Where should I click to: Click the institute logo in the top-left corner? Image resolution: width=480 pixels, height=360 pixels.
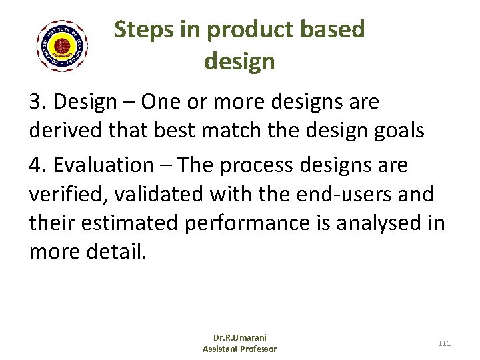click(x=63, y=46)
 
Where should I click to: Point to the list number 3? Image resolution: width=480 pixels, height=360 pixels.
click(x=37, y=103)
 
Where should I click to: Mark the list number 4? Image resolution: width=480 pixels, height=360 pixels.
click(x=37, y=164)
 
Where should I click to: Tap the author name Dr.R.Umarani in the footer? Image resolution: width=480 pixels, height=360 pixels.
click(x=239, y=338)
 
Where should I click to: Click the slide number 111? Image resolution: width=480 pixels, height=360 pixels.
click(x=444, y=343)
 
